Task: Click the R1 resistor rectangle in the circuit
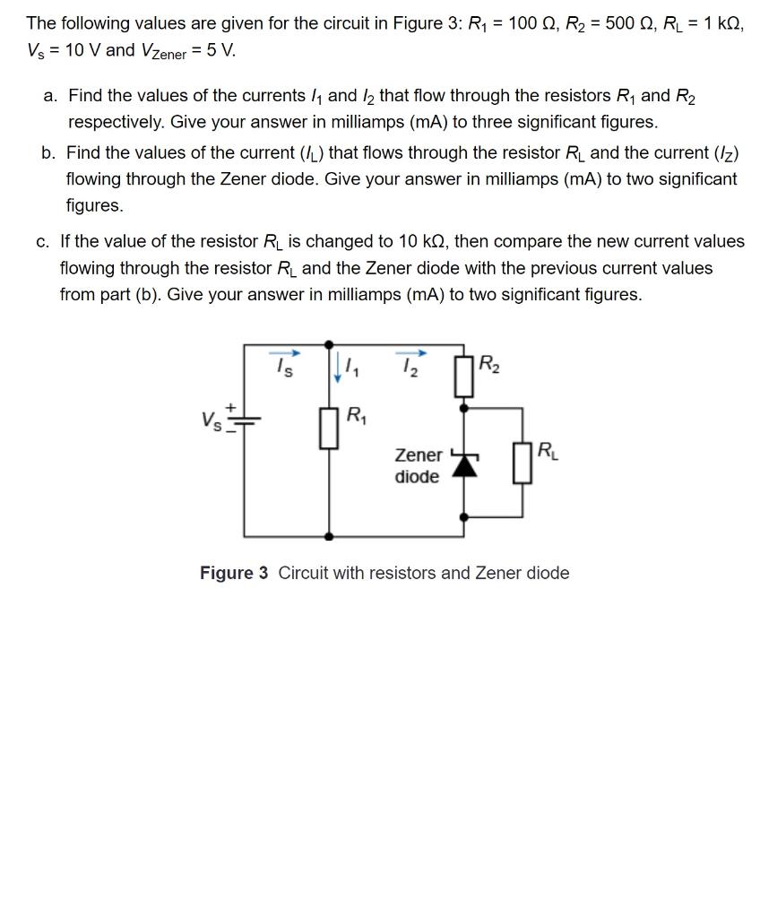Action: coord(330,429)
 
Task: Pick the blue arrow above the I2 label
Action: coord(412,351)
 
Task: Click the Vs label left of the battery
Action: coord(212,419)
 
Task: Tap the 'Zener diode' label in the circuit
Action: coord(418,465)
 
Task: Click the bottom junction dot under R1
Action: coord(330,535)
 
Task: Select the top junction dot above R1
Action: coord(330,343)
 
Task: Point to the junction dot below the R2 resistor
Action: coord(463,406)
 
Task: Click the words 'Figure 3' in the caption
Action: coord(233,573)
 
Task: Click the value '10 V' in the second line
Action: coord(83,49)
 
